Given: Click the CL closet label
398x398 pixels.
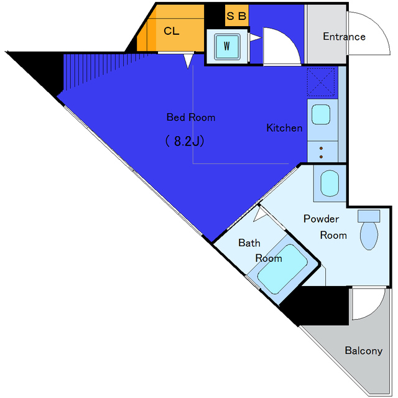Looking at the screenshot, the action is (x=172, y=31).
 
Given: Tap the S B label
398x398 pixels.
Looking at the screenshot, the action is (x=236, y=16).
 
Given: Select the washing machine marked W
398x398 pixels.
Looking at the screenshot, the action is (x=227, y=46).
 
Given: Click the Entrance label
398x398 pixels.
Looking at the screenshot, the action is (x=344, y=37).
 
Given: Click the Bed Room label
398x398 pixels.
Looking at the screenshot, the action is (x=191, y=118).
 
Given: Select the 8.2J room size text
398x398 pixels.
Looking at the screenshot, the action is (x=185, y=141).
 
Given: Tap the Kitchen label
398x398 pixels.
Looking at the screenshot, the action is (x=284, y=127).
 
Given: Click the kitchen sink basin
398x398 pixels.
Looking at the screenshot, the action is (x=321, y=114).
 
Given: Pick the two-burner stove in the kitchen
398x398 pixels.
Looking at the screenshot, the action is (x=322, y=152).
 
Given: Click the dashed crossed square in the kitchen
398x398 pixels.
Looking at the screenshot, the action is (x=321, y=81).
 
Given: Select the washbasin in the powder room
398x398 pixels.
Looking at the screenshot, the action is (x=330, y=183).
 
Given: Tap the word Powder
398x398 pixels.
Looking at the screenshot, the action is (x=321, y=218).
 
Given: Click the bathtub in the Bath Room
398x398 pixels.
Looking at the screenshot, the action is (x=282, y=269).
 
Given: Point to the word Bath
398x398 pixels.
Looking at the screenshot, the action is (x=249, y=243).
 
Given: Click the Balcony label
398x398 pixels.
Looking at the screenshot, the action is (x=363, y=351).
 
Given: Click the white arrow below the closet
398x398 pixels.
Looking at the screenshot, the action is (x=188, y=61).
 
